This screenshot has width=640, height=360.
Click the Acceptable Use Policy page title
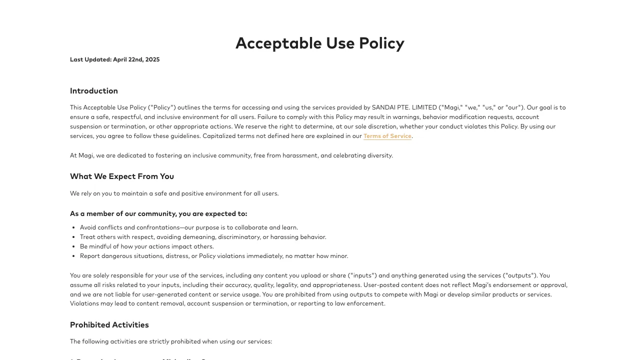point(319,43)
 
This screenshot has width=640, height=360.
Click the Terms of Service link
point(387,136)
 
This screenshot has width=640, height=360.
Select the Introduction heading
point(94,91)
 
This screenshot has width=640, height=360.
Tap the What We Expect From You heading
point(122,176)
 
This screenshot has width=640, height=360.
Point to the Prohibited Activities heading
point(109,325)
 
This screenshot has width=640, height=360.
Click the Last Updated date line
point(114,59)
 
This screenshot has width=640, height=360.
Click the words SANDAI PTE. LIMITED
point(404,107)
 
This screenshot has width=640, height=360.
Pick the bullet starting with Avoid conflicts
point(189,227)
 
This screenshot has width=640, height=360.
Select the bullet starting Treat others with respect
point(203,237)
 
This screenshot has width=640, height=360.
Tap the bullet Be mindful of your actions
point(147,246)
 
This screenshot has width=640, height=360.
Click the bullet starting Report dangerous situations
point(214,256)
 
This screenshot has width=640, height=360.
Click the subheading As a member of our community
point(158,214)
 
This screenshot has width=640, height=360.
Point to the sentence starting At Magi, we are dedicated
point(231,155)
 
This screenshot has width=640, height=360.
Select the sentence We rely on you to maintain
point(174,193)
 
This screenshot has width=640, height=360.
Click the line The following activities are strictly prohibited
point(171,341)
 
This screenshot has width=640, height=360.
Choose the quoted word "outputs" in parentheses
point(520,275)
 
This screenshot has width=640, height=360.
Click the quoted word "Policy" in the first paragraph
point(162,107)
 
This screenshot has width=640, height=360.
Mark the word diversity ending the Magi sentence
point(379,155)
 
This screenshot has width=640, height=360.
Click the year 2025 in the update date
point(152,59)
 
